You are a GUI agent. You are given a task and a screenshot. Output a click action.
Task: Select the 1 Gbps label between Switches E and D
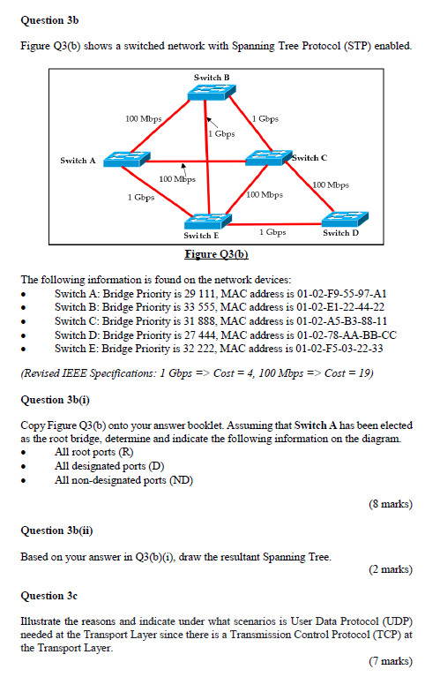click(273, 231)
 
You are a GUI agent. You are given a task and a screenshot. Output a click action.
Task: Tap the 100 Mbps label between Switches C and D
click(331, 185)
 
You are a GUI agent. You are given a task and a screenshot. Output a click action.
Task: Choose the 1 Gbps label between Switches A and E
click(140, 198)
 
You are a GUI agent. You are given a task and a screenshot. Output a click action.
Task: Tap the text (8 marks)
click(390, 504)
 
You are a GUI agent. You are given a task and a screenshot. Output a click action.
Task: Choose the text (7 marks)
click(390, 660)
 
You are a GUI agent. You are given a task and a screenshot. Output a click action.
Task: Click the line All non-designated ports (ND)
click(123, 480)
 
